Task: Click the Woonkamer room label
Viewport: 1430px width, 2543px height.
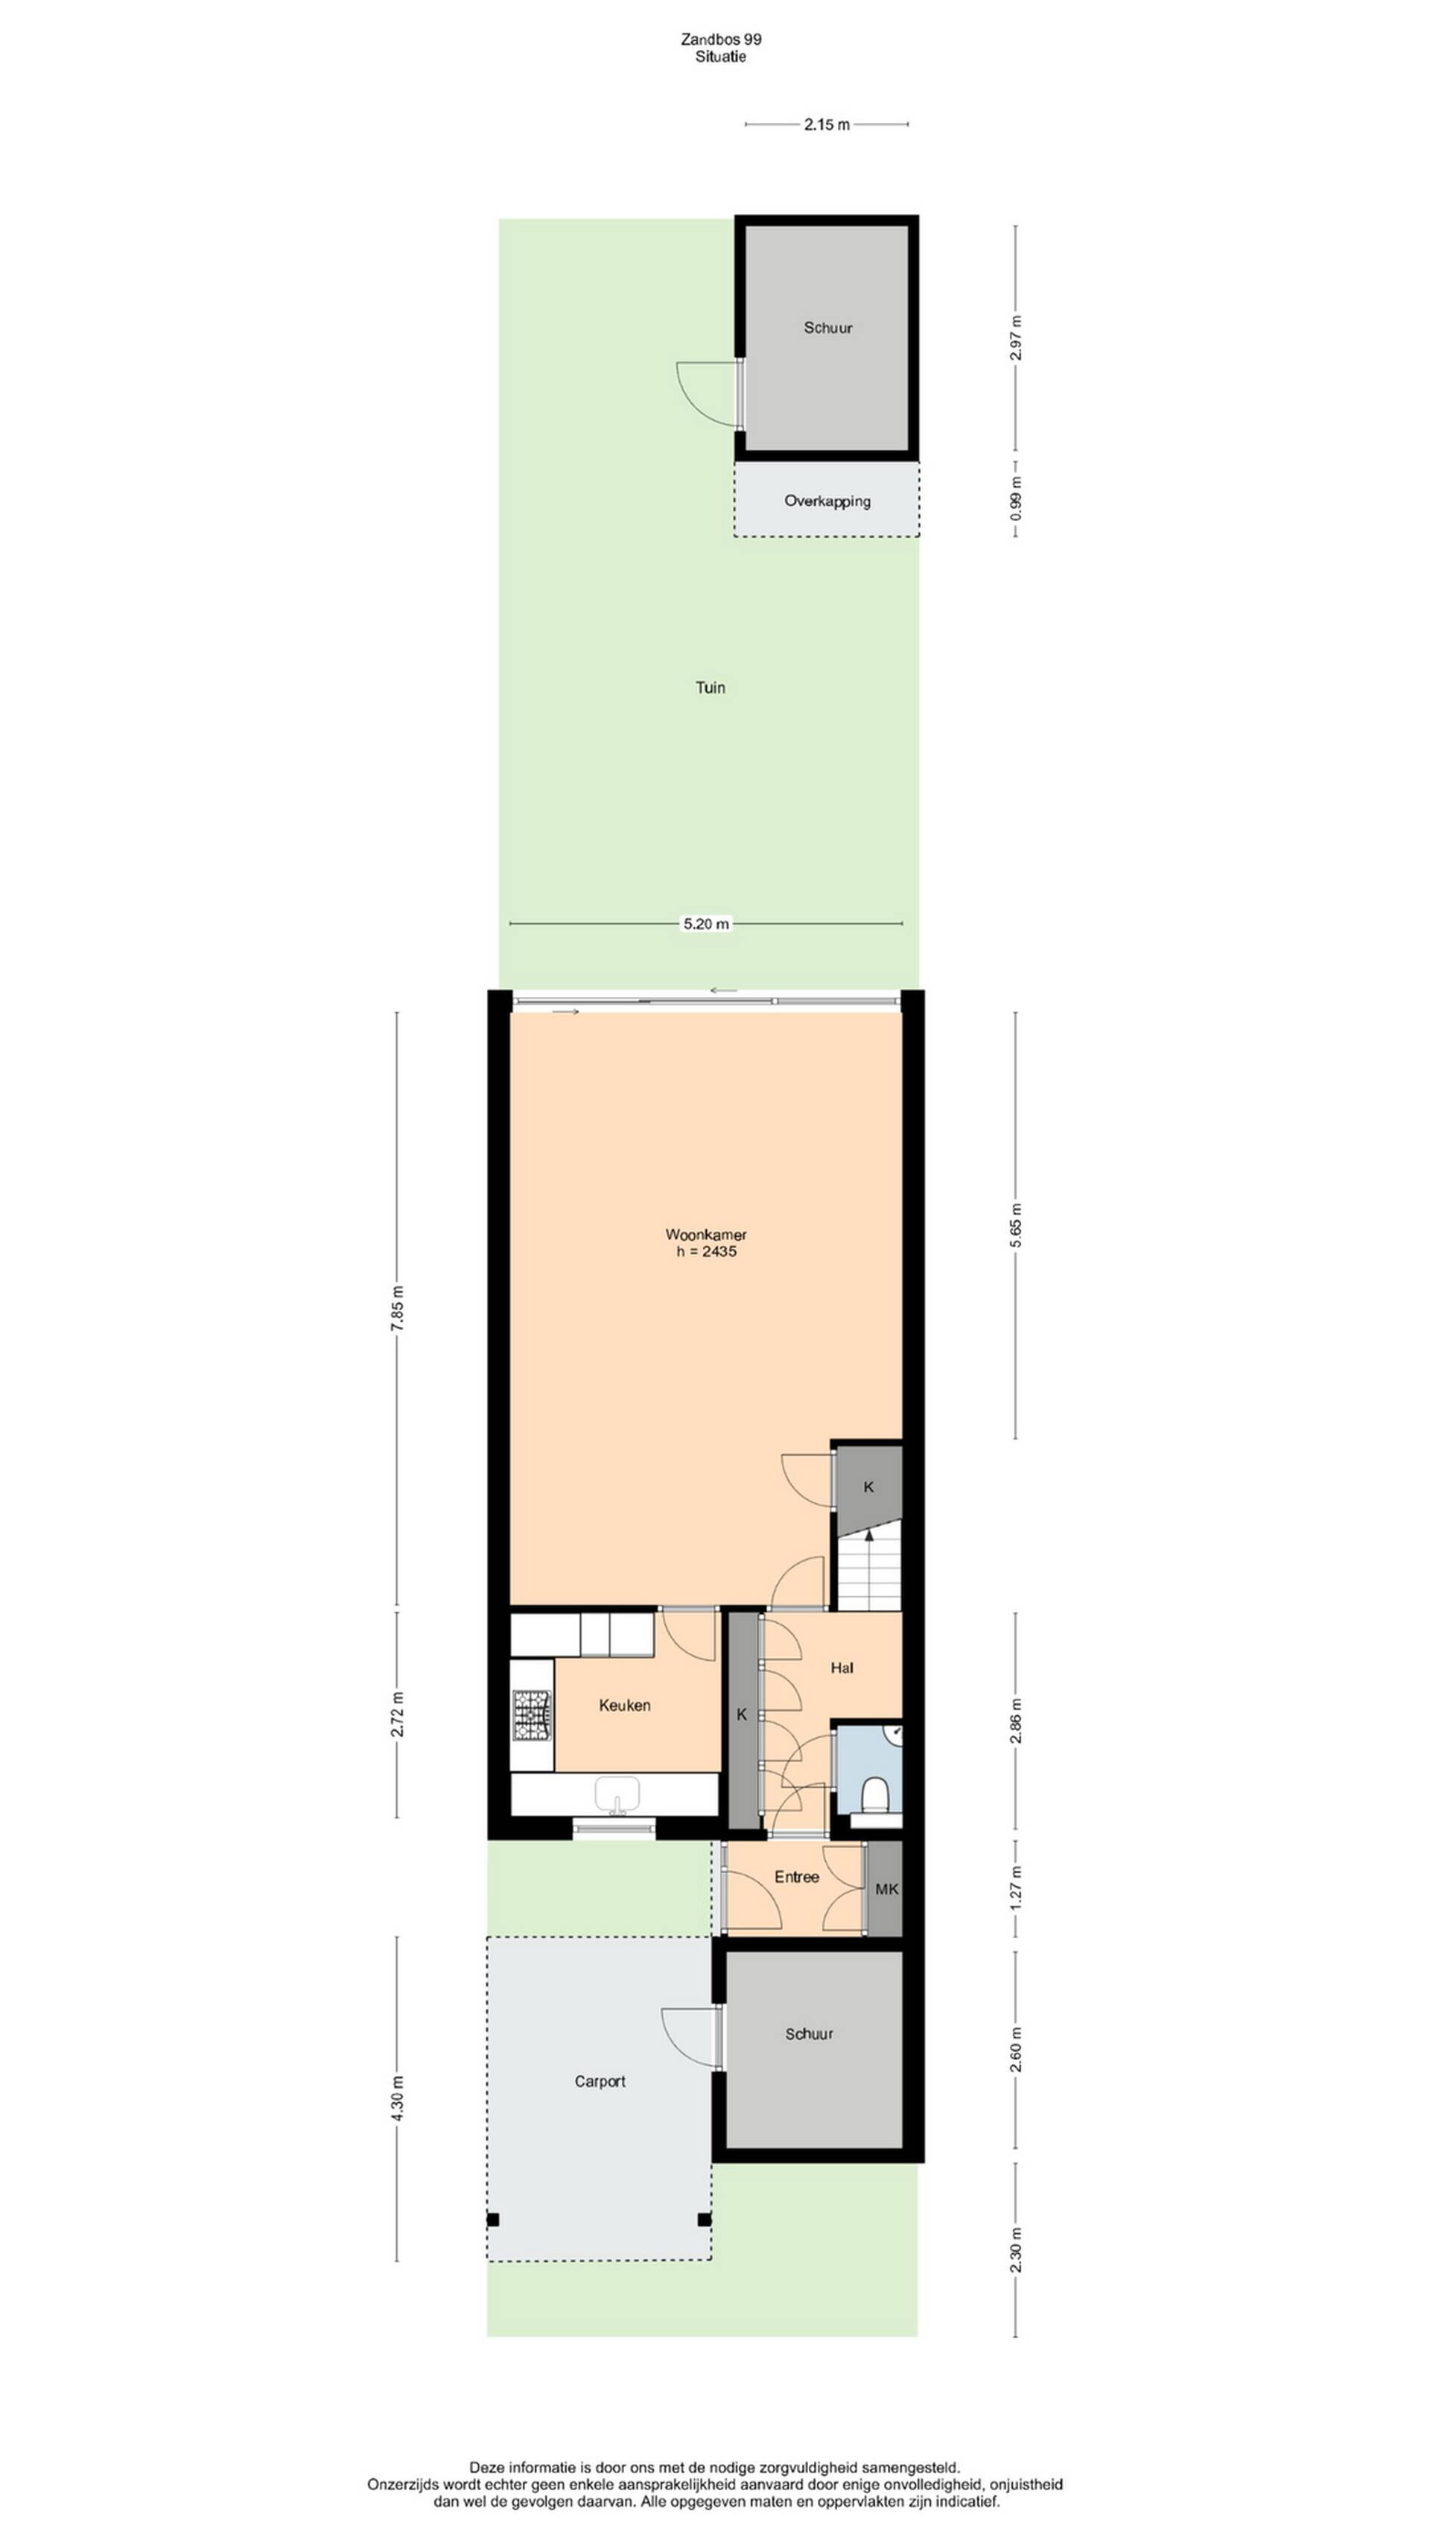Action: pos(705,1234)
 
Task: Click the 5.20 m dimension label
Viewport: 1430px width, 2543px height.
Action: pos(707,924)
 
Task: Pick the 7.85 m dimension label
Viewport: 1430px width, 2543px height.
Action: pos(397,1309)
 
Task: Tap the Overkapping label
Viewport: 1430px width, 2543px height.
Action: pos(827,501)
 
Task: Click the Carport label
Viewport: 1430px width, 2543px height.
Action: pos(600,2081)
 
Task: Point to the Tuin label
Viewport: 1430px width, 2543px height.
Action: pos(711,687)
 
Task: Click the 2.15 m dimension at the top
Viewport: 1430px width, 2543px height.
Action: pos(827,124)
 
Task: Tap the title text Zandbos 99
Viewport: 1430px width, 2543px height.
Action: pos(722,39)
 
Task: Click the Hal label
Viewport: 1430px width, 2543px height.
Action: pos(842,1668)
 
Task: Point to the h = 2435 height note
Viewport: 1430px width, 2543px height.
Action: pos(707,1252)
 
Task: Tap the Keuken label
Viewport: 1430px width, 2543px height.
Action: pos(625,1705)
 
